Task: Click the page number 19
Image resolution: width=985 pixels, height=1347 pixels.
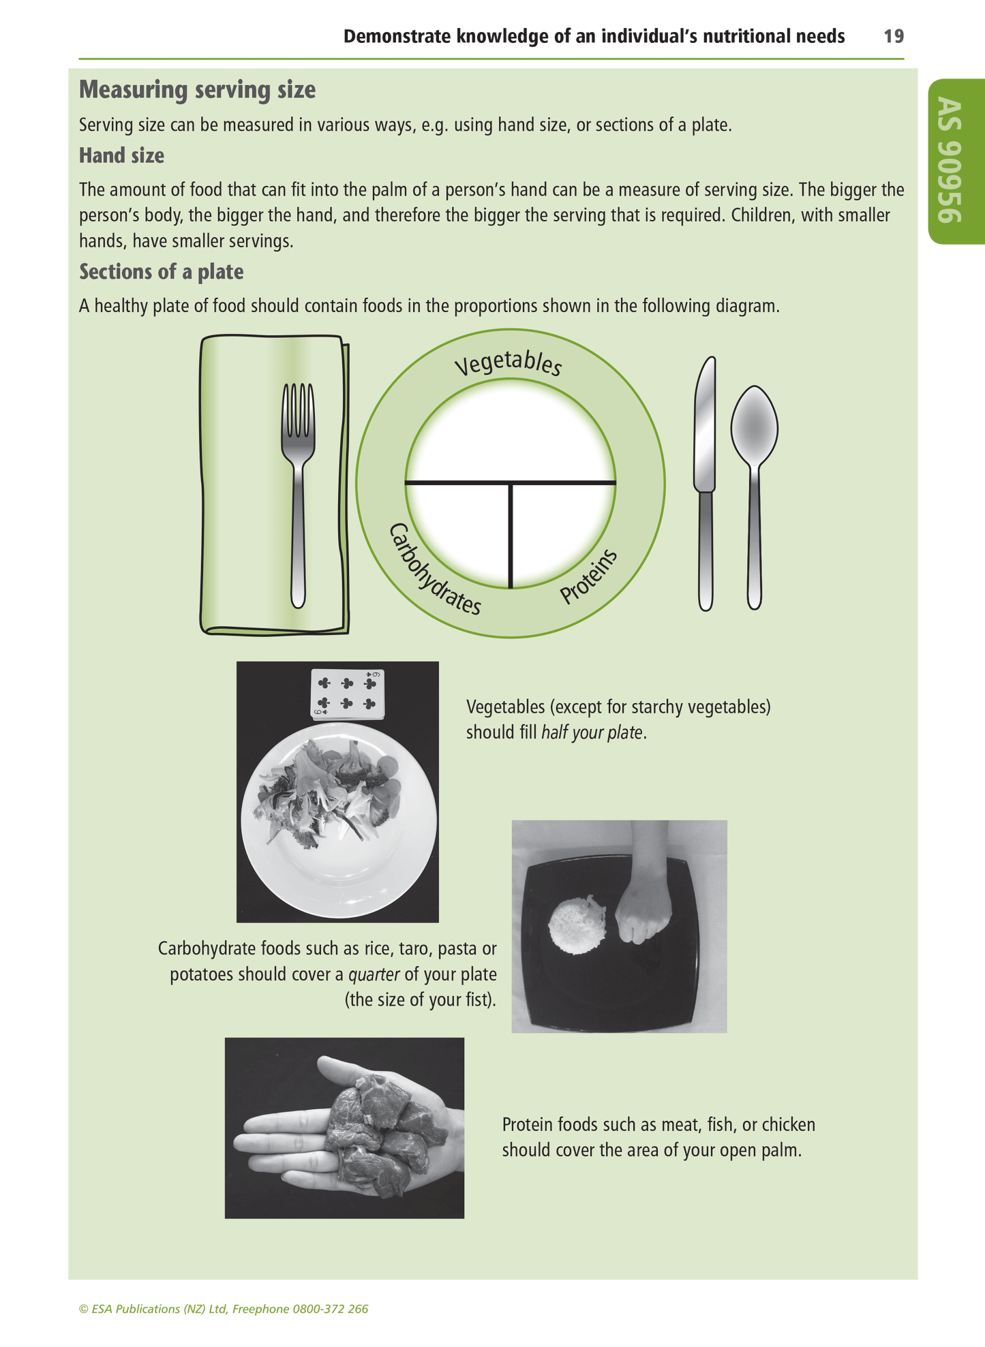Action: pyautogui.click(x=893, y=36)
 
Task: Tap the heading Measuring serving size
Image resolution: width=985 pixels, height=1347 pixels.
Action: pyautogui.click(x=197, y=90)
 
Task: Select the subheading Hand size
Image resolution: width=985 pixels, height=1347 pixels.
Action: pyautogui.click(x=121, y=156)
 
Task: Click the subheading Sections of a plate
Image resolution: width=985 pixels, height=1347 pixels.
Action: pyautogui.click(x=161, y=272)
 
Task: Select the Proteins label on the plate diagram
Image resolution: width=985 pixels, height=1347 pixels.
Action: pyautogui.click(x=589, y=576)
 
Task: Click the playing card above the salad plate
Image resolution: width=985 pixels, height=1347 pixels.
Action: pyautogui.click(x=348, y=694)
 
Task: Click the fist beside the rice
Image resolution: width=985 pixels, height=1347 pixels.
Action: pyautogui.click(x=643, y=920)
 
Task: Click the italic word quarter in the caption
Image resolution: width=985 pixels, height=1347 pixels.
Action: pyautogui.click(x=374, y=974)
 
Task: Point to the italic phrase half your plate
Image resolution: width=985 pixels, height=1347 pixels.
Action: pyautogui.click(x=592, y=733)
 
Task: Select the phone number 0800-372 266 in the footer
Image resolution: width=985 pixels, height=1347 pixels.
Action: pyautogui.click(x=330, y=1309)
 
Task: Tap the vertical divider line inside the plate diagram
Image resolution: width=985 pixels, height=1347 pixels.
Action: pyautogui.click(x=510, y=535)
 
